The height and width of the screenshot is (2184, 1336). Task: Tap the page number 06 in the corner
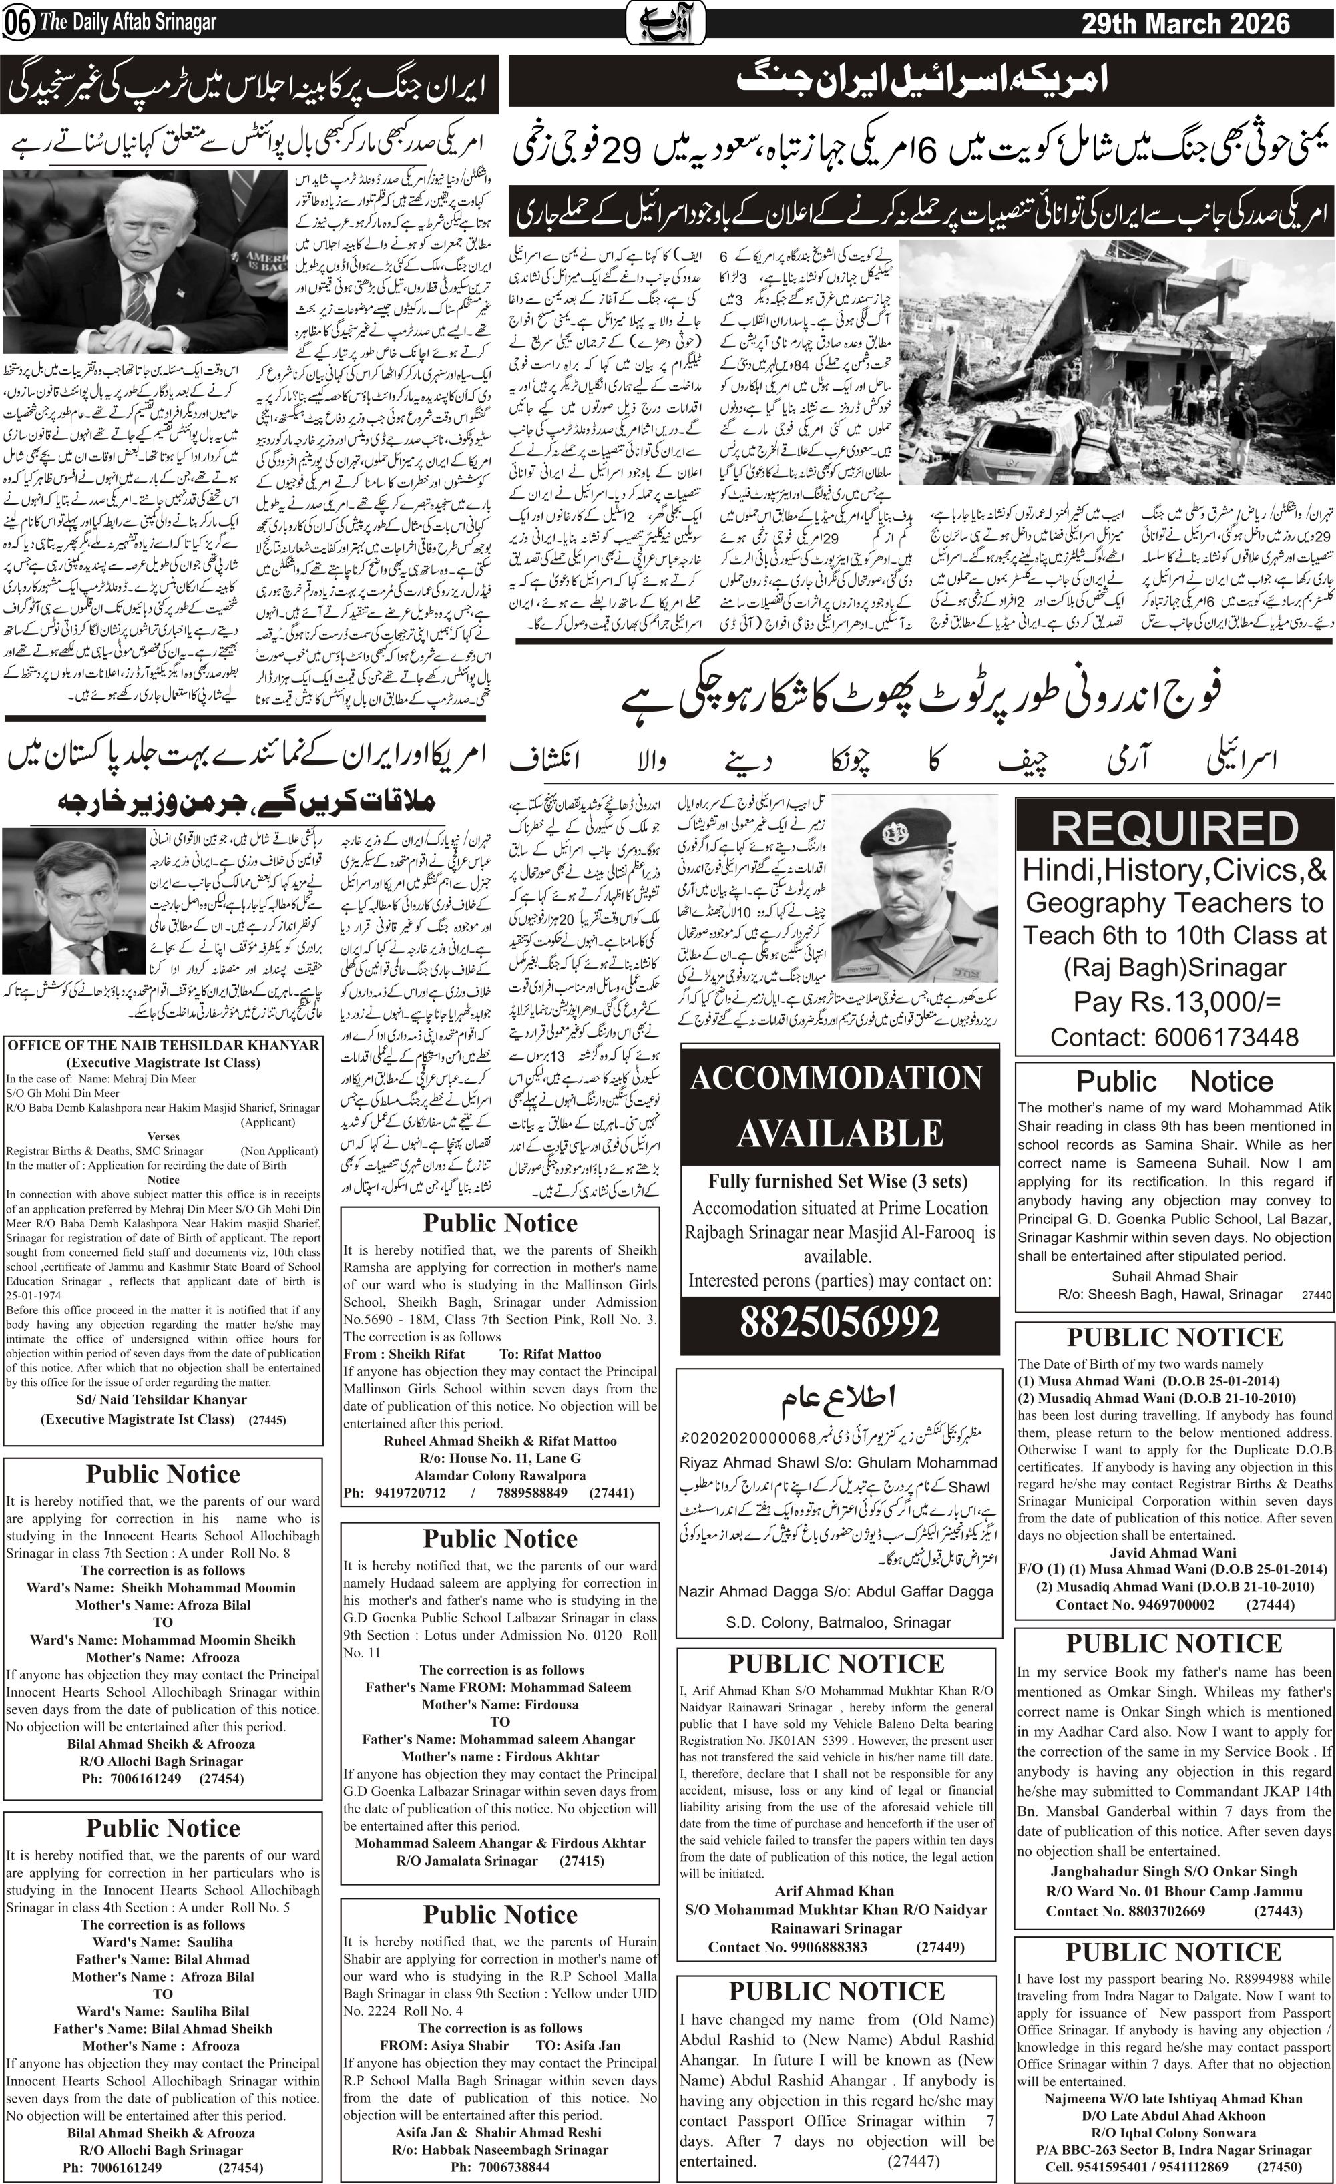(17, 24)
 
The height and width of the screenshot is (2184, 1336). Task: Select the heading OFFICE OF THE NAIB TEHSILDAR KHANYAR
(163, 1046)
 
